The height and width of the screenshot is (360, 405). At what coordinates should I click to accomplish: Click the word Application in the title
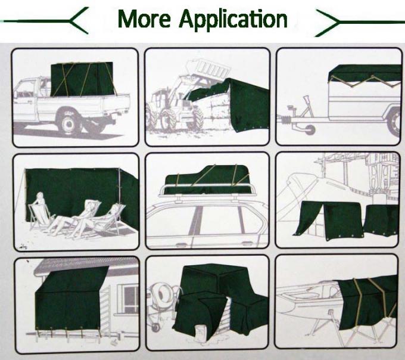pos(233,20)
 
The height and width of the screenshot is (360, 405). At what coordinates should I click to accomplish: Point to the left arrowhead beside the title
pos(80,22)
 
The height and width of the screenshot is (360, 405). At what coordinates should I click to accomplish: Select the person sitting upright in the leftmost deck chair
pos(40,206)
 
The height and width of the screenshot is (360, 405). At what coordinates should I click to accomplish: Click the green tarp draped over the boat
pos(363,301)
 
